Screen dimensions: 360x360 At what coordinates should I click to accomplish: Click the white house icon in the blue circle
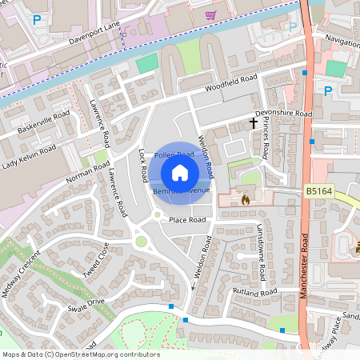coord(180,172)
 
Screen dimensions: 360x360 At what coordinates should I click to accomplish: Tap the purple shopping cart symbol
coord(210,15)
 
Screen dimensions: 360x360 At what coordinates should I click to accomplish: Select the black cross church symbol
coord(254,122)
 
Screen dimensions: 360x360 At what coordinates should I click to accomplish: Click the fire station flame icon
coord(245,199)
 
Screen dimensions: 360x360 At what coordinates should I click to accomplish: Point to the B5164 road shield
coord(319,192)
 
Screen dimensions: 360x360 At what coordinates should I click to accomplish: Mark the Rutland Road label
coord(254,294)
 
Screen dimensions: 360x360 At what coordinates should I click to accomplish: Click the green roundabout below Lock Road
coord(141,241)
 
